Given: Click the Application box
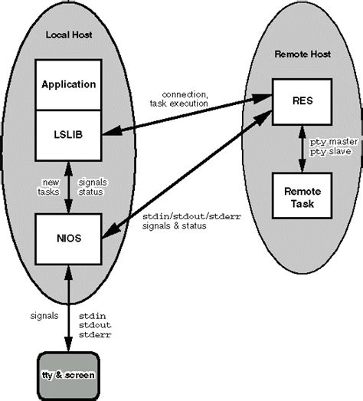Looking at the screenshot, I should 69,84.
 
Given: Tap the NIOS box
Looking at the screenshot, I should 69,237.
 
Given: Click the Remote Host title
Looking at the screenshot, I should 303,55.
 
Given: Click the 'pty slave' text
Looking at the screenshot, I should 330,152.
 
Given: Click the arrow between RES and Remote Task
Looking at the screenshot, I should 303,148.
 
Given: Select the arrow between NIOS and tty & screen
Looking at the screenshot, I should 69,304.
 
